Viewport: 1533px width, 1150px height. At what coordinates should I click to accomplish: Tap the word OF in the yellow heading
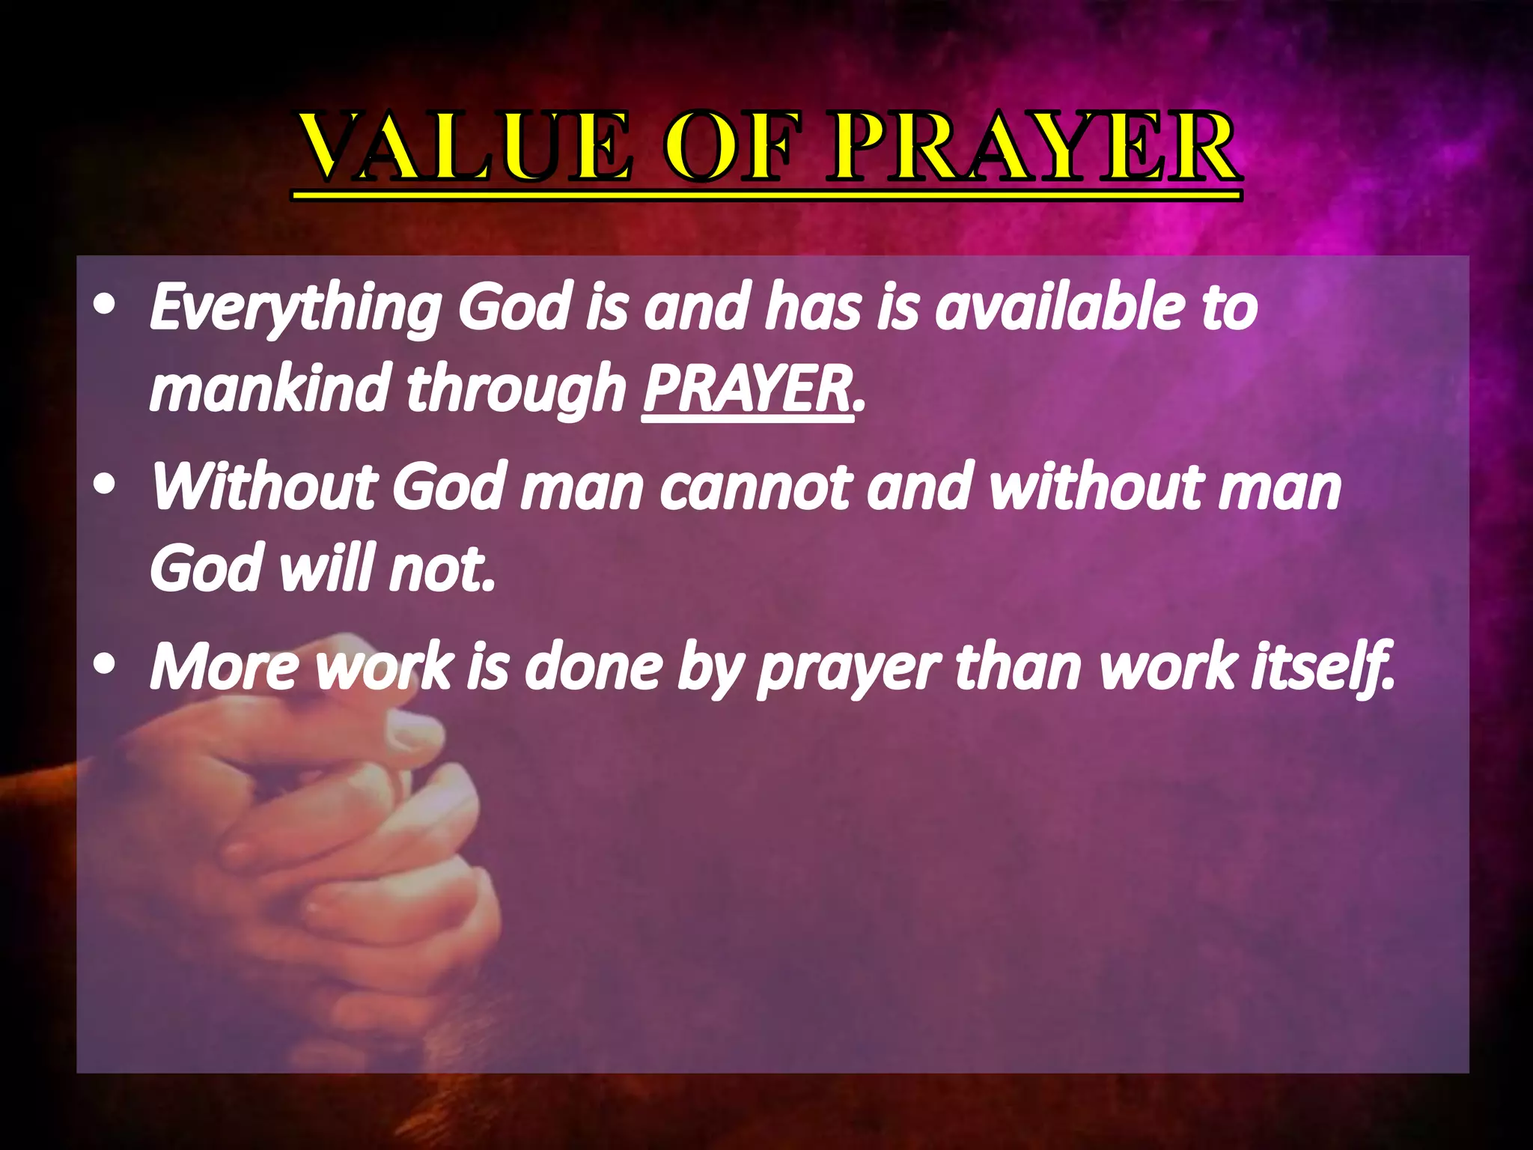pos(729,147)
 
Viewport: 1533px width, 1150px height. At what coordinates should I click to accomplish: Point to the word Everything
pos(296,308)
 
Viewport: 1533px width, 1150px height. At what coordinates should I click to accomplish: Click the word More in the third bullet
pos(225,667)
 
